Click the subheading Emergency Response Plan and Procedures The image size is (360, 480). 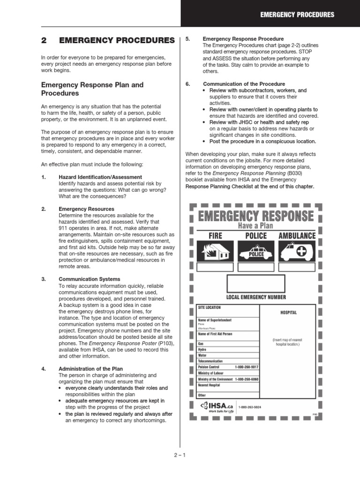click(x=92, y=89)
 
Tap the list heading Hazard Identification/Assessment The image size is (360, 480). click(x=100, y=177)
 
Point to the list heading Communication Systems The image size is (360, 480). click(x=89, y=279)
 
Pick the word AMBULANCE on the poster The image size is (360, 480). click(x=297, y=236)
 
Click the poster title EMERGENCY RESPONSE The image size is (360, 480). click(x=256, y=216)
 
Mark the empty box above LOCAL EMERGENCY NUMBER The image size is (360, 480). click(x=256, y=284)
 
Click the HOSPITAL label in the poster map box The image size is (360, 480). click(x=288, y=313)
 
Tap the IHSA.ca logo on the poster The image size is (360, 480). click(x=216, y=406)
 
